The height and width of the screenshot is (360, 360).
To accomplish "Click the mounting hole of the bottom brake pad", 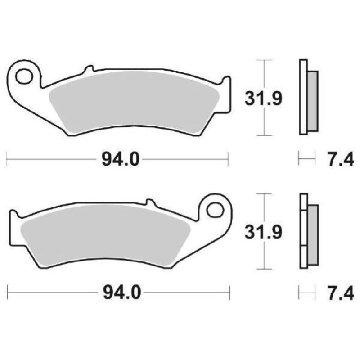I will [x=215, y=210].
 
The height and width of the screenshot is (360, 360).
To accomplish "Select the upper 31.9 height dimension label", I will [x=263, y=98].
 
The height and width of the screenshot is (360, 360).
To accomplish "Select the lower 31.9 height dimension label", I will [x=263, y=232].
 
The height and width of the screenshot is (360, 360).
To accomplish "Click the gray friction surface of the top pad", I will [x=135, y=101].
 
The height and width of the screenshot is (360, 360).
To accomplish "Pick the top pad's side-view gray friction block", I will [x=312, y=101].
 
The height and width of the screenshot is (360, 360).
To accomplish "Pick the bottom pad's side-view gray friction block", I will [x=312, y=234].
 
